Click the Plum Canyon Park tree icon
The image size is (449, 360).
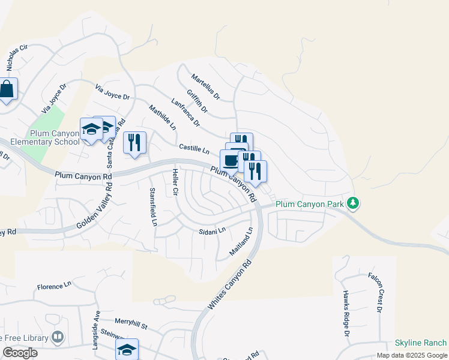coord(354,204)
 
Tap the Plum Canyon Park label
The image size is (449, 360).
coord(310,205)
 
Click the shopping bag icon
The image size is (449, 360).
coord(7,90)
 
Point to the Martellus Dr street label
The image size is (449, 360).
coord(206,87)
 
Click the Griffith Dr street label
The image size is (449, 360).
coord(197,101)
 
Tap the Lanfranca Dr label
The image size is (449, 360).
coord(185,112)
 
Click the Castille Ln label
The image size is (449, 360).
coord(193,148)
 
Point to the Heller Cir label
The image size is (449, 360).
coord(175,182)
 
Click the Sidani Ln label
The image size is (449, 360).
coord(212,230)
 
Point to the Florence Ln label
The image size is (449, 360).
coord(54,287)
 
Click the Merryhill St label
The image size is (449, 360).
coord(131,326)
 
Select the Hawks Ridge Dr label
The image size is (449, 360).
coord(346,313)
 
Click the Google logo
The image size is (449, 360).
coord(20,353)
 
